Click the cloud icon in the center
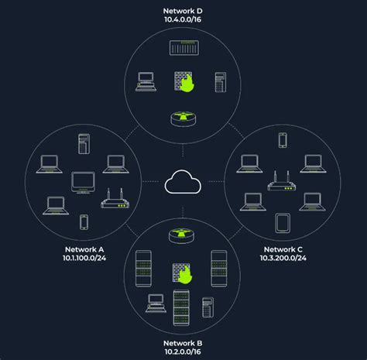point(183,182)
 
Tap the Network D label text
point(183,11)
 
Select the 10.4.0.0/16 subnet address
point(183,19)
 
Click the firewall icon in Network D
point(183,82)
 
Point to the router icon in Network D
point(183,118)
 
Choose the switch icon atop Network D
point(184,48)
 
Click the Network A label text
point(84,249)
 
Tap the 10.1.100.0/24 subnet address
point(84,258)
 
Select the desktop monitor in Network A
point(83,183)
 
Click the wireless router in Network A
point(115,199)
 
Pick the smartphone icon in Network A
point(84,222)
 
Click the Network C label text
point(283,249)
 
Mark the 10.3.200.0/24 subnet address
point(283,258)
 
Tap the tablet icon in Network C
point(283,223)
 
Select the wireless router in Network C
point(282,181)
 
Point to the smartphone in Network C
point(283,140)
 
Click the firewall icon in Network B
point(183,273)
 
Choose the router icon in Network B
point(182,236)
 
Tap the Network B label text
point(183,343)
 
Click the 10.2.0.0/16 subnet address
point(183,351)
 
